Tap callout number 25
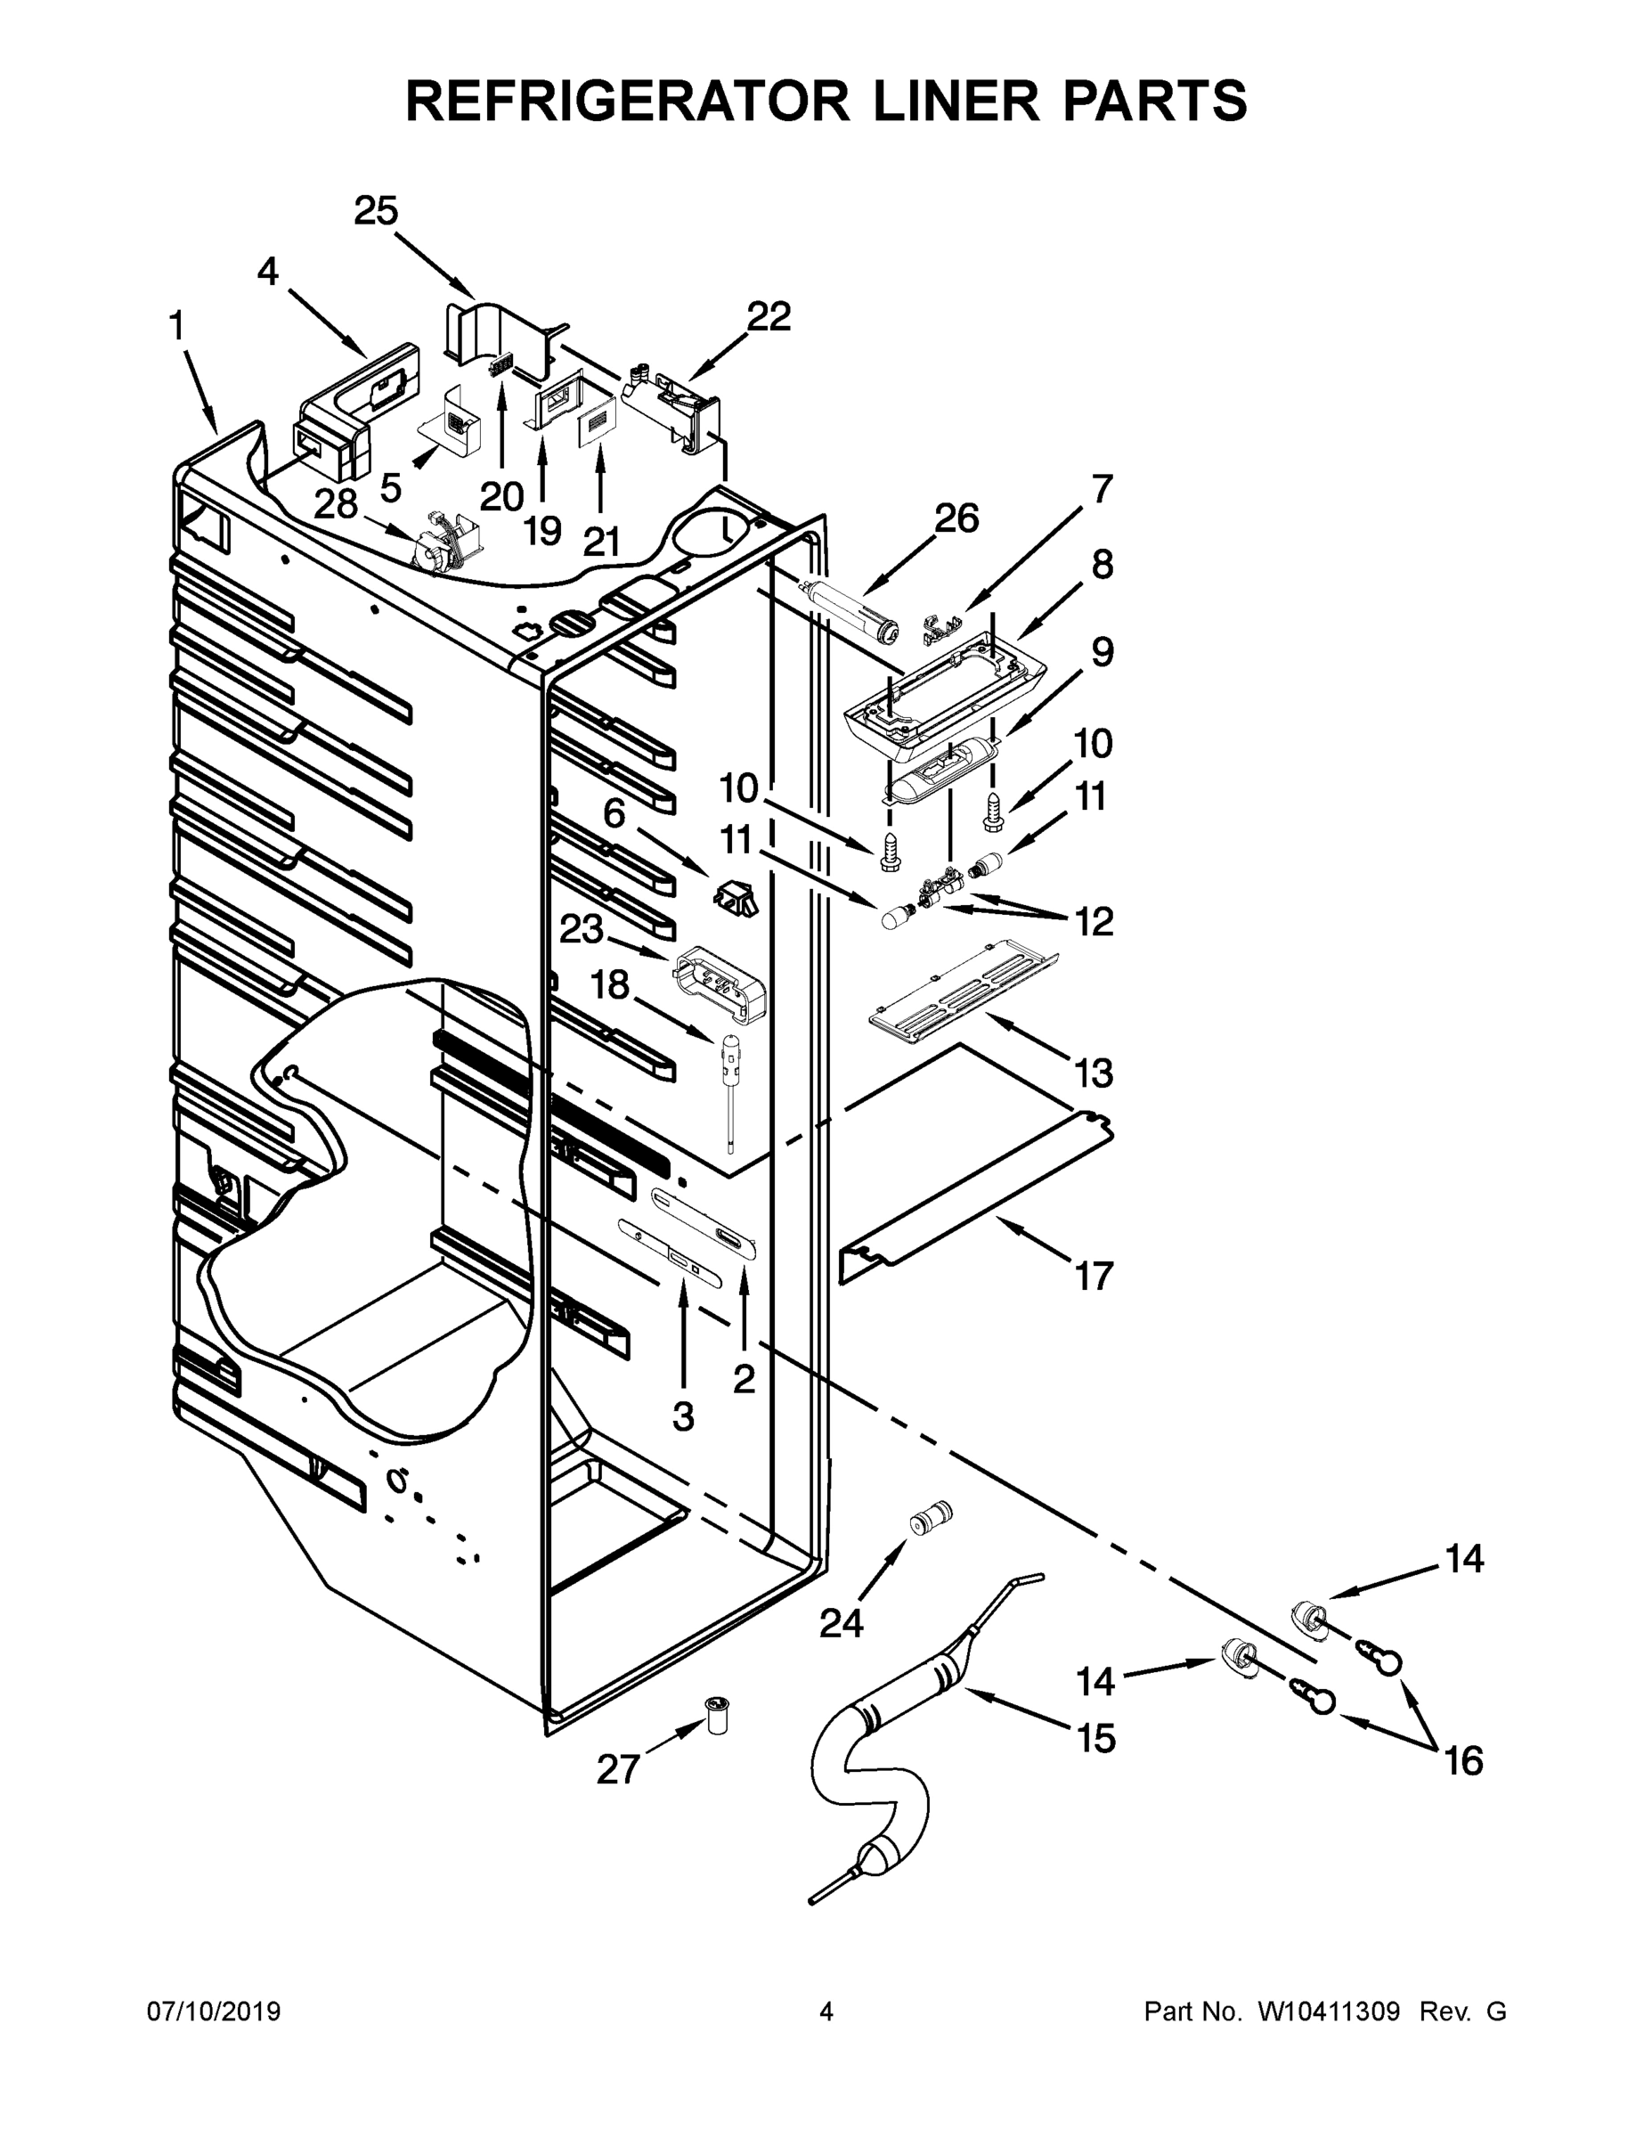click(x=377, y=210)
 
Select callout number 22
click(x=769, y=316)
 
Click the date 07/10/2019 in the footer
click(x=214, y=2011)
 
